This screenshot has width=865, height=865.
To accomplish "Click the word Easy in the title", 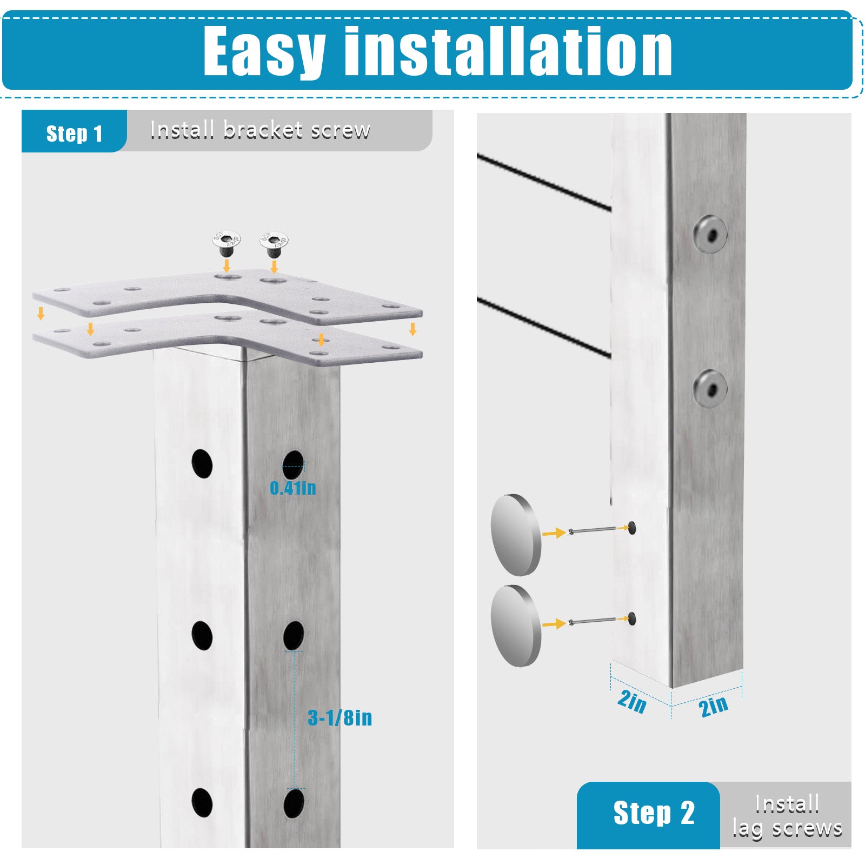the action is (x=264, y=51).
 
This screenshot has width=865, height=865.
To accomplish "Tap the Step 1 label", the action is (x=74, y=133).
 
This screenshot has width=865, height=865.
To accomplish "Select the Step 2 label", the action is (x=654, y=813).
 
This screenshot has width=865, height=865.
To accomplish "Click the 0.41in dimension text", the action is (x=292, y=488).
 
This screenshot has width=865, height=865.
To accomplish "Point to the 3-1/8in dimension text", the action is (x=340, y=717).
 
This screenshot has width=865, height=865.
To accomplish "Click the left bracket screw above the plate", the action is (x=226, y=244).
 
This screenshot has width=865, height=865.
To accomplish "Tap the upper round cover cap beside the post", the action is (x=515, y=534).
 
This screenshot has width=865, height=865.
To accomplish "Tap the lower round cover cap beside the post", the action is (x=515, y=626).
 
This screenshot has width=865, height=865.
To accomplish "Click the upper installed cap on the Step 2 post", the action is (x=710, y=234).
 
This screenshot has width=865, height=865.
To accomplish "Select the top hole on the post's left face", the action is (x=202, y=463).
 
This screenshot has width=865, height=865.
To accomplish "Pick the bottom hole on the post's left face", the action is (x=202, y=802).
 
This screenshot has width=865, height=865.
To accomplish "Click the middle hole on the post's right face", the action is (x=294, y=635).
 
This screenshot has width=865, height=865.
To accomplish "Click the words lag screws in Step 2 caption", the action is (x=787, y=828).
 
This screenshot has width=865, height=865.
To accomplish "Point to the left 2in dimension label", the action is (x=631, y=701).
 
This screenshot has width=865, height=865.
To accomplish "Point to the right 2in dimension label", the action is (x=713, y=706).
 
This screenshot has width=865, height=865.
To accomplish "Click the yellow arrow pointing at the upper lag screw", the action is (x=554, y=533).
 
